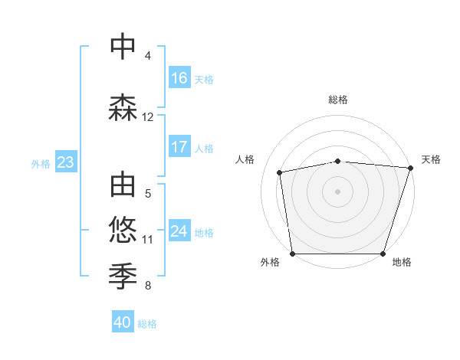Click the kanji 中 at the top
[x=123, y=47]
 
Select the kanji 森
[x=123, y=107]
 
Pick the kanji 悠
[x=123, y=229]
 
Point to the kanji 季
[x=123, y=274]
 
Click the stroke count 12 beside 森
[x=148, y=117]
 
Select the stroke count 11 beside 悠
[x=148, y=239]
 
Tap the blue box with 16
[x=179, y=78]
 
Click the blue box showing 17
[x=179, y=147]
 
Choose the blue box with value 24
[x=179, y=231]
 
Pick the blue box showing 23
[x=65, y=162]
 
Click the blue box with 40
[x=123, y=322]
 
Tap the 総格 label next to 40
[x=147, y=324]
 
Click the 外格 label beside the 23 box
[x=41, y=163]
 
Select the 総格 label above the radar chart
[x=337, y=100]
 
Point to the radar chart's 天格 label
[x=431, y=159]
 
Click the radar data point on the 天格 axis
[x=410, y=168]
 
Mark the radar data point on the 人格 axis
[x=280, y=172]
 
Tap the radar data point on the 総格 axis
[x=337, y=161]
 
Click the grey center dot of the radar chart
[x=337, y=191]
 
